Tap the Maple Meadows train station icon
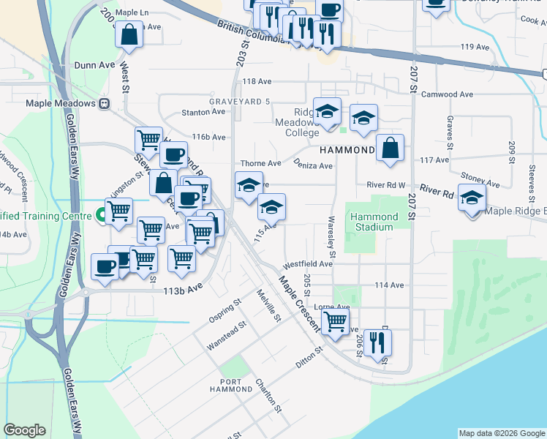[105, 103]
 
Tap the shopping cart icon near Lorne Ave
[335, 320]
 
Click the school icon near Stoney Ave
[472, 198]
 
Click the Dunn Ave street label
[94, 65]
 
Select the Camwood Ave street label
[452, 94]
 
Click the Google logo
[25, 431]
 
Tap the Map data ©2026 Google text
[501, 433]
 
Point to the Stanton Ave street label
[204, 113]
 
